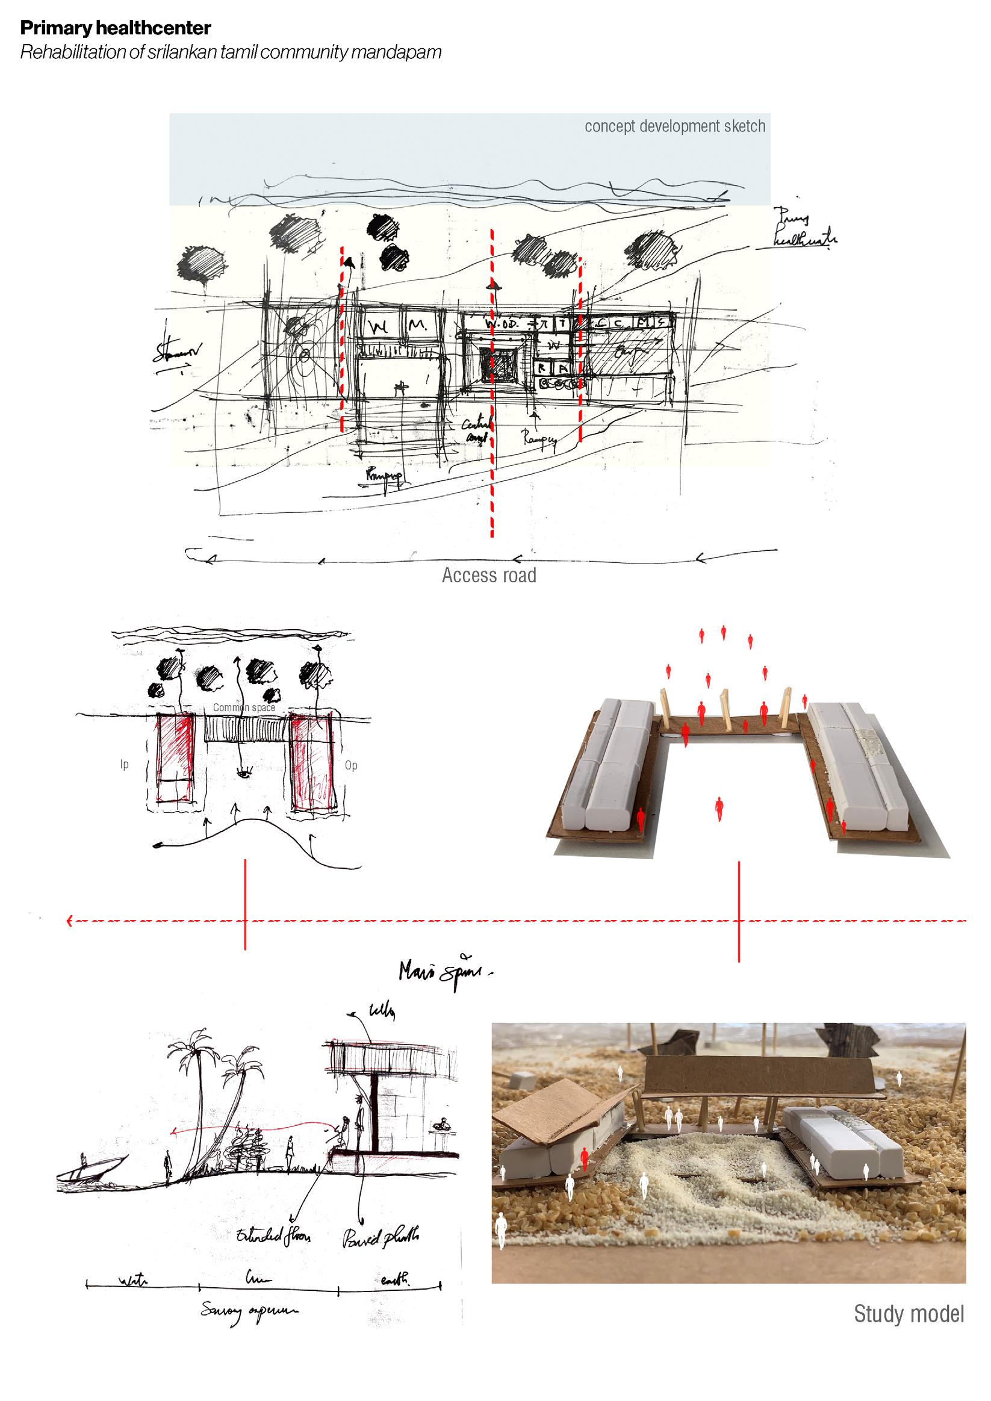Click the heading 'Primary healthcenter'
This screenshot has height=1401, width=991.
pos(116,28)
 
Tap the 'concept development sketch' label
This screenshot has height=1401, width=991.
pos(674,126)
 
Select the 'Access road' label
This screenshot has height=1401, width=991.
pos(489,576)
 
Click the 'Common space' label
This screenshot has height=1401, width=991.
pos(243,708)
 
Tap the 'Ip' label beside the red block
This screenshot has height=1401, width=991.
pos(125,765)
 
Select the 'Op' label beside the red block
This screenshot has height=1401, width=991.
pos(351,765)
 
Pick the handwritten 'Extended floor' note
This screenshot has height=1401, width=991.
pos(273,1236)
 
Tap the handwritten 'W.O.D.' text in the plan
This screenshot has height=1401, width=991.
pos(502,323)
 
